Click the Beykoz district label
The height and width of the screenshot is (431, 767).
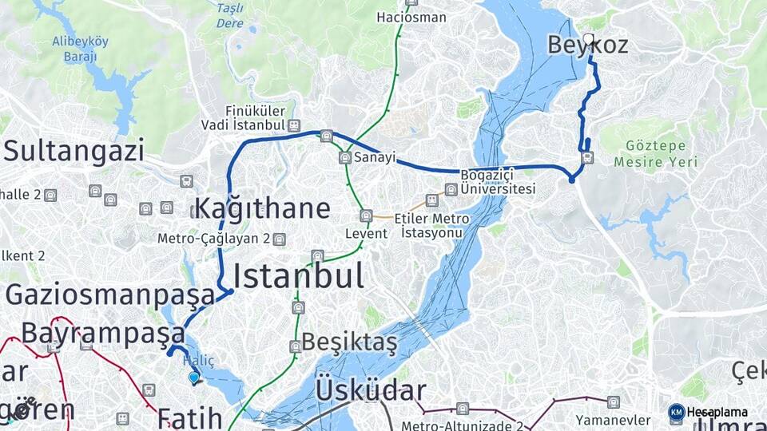[587, 45]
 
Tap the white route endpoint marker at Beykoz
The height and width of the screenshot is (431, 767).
[589, 38]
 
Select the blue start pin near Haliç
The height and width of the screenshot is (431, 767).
[193, 378]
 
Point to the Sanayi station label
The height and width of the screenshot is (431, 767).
[375, 157]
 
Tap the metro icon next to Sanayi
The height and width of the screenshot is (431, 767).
[345, 158]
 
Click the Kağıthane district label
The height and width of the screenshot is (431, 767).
[262, 209]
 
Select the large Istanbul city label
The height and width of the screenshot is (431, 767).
[298, 276]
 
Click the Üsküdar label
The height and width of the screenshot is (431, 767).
[370, 391]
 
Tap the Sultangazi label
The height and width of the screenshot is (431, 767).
[74, 150]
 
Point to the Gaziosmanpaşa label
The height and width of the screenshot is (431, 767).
[110, 294]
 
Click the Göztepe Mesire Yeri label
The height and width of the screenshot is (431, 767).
[656, 154]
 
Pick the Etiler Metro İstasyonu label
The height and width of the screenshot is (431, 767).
[435, 225]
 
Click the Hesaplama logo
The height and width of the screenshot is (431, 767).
[708, 412]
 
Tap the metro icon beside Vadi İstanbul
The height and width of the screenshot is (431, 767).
[294, 126]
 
